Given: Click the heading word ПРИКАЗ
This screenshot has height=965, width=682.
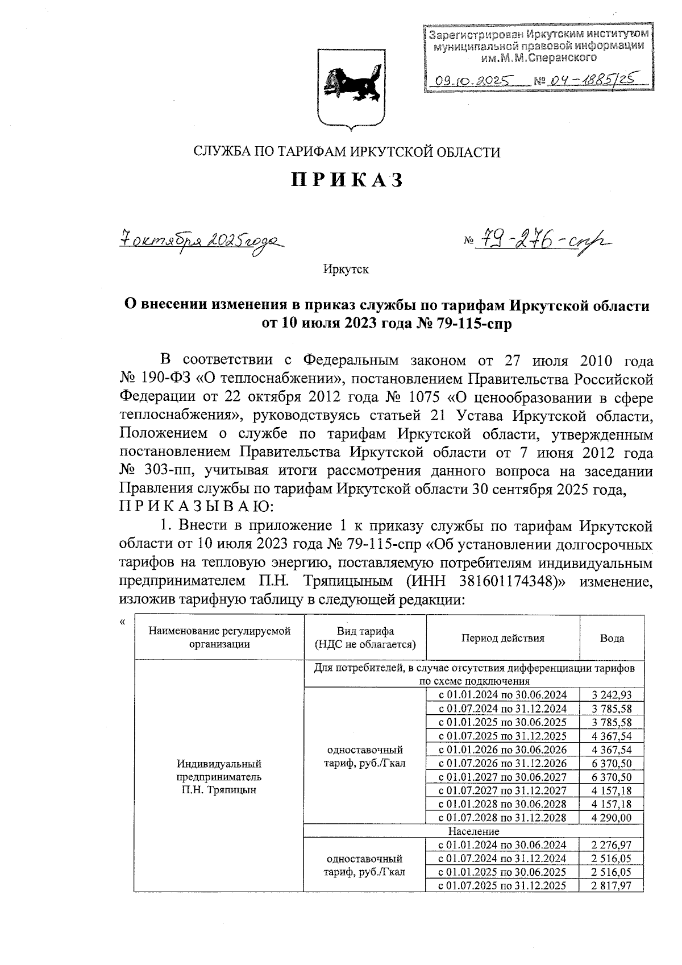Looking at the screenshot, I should pos(347,180).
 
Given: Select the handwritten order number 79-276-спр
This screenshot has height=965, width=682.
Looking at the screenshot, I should pos(543,241).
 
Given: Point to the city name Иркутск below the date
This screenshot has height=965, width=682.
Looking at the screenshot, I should pos(346,269).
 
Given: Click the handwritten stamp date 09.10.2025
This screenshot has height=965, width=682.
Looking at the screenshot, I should pos(471,80).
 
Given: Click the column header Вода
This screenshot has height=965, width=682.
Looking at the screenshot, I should pos(612,638).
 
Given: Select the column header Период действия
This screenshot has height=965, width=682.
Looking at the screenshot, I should pos(502,638).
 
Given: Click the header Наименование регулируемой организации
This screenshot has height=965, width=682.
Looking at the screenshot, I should pos(219,637).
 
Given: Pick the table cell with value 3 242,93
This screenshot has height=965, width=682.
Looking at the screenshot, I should pos(612,695).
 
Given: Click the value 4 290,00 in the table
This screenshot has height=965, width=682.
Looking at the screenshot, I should pos(612,818).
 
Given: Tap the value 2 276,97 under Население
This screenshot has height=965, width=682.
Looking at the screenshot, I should pos(612,845).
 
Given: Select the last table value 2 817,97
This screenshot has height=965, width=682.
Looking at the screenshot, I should pos(612,885).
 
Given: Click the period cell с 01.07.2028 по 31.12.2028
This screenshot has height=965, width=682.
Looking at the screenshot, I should pos(502,818).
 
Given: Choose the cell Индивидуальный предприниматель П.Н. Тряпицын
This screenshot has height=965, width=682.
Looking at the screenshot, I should pos(219,776).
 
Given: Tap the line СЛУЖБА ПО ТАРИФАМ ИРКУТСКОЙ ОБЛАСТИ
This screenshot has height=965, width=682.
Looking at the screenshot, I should pos(347,152).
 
